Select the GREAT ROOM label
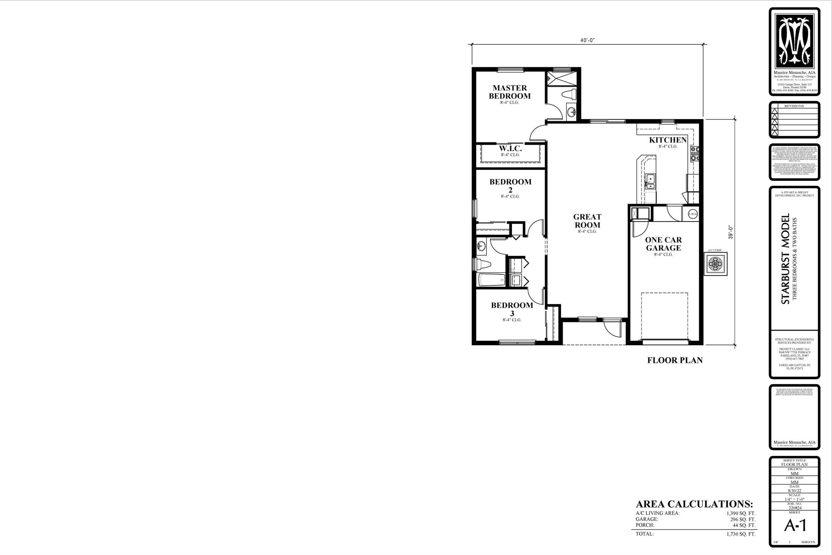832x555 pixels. pos(587,221)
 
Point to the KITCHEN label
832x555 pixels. pos(668,140)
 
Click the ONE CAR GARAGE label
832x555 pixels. pos(663,244)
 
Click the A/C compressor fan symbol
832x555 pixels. pos(715,264)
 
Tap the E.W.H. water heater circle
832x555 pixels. pos(693,214)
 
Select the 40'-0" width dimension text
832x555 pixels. pos(587,40)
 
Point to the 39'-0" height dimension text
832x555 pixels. pos(730,232)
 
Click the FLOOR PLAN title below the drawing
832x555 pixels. pos(675,360)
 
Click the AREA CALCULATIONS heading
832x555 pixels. pos(694,504)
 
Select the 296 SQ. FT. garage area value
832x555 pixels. pos(743,519)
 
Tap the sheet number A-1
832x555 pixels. pos(795,526)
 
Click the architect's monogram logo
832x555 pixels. pos(794,41)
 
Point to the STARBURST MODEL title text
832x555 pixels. pos(785,259)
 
